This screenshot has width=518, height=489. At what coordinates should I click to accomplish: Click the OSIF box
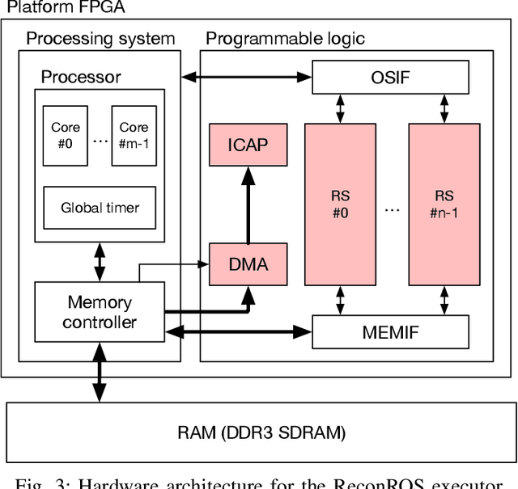(390, 78)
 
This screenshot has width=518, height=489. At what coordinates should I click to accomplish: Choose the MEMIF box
(390, 331)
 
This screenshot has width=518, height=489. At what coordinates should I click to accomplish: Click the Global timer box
(100, 208)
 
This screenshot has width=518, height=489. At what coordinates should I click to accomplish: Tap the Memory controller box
(100, 312)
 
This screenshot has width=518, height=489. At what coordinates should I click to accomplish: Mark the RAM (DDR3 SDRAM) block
(261, 432)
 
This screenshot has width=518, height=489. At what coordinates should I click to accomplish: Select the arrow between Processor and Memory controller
(100, 261)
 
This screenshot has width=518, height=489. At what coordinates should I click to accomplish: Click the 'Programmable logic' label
(285, 38)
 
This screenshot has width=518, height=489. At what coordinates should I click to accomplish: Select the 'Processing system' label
(100, 38)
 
